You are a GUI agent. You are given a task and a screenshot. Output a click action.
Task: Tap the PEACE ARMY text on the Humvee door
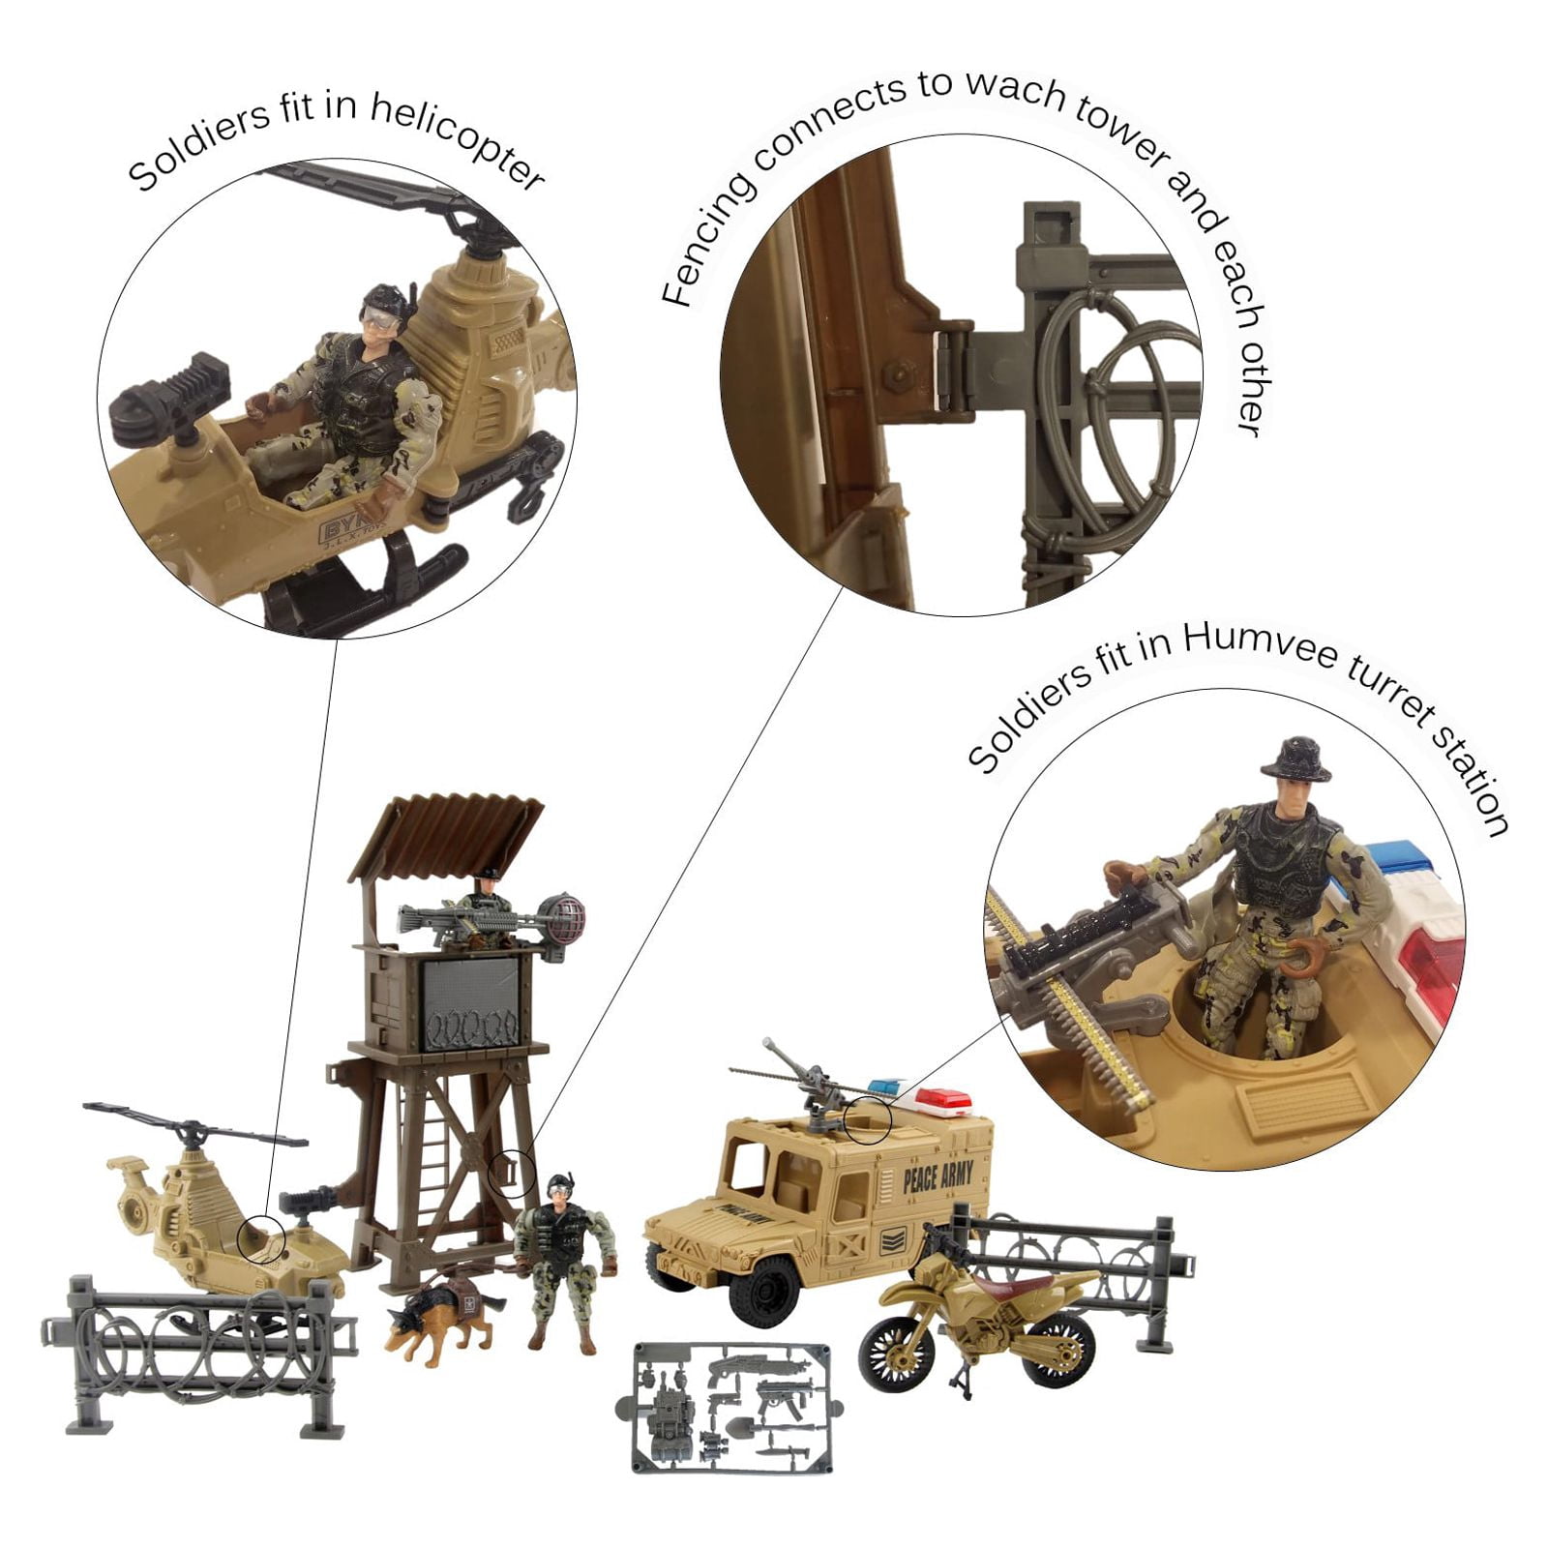(x=937, y=1178)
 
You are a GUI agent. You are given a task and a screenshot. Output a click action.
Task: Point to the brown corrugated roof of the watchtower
(x=447, y=833)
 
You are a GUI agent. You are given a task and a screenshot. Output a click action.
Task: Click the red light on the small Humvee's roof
(x=942, y=1101)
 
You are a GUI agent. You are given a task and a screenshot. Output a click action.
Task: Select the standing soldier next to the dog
(x=565, y=1258)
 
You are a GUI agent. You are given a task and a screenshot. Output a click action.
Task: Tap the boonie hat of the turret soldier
(x=1295, y=758)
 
